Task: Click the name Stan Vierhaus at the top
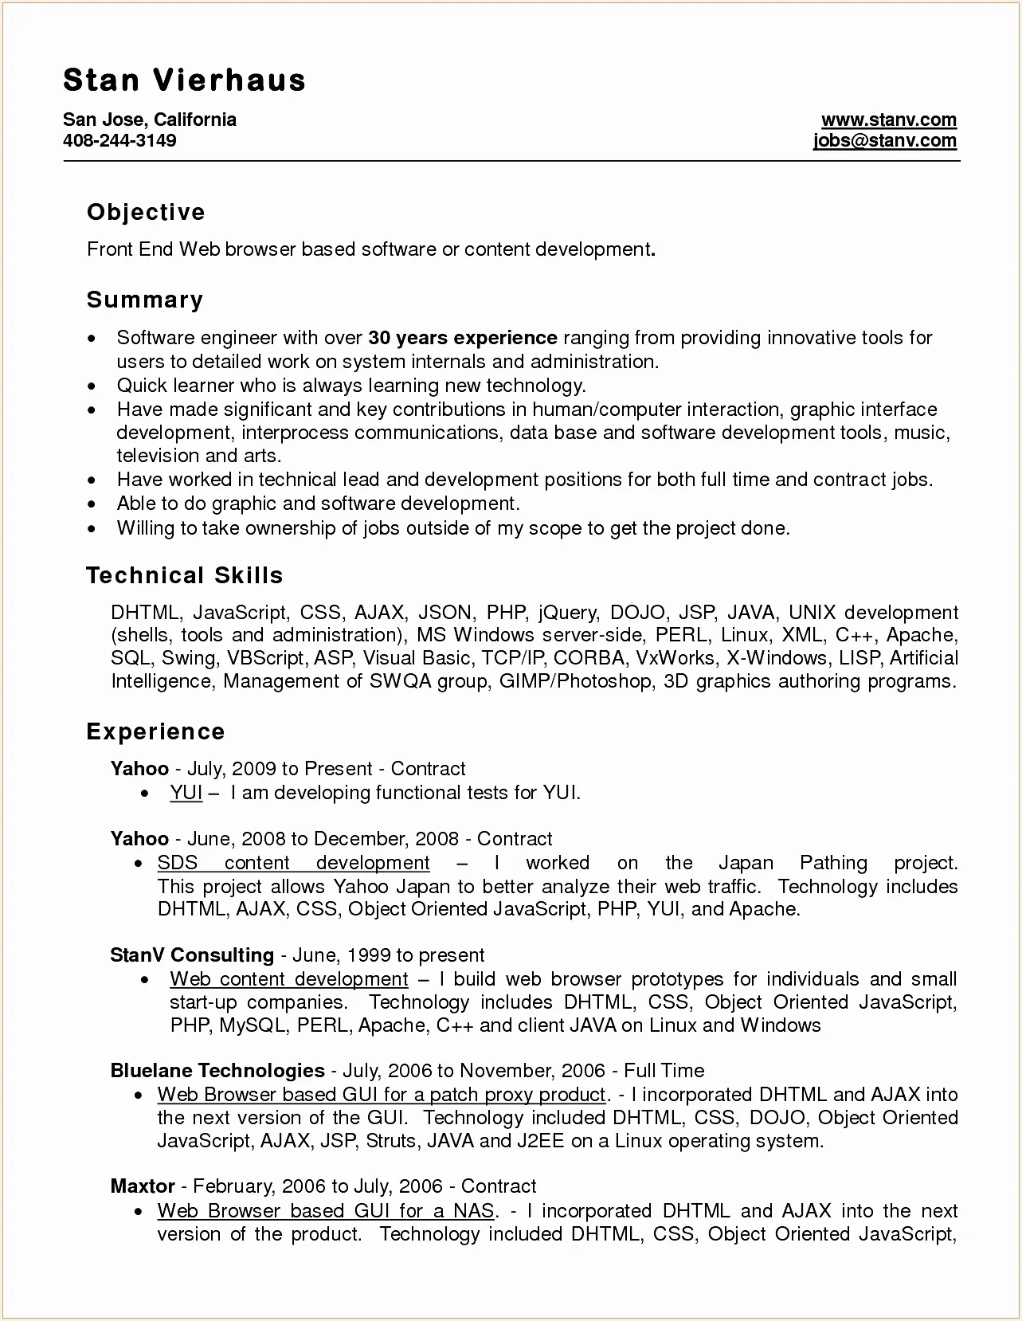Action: [184, 80]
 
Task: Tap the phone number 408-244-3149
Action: [119, 141]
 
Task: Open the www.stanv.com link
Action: [888, 120]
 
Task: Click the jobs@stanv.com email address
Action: [884, 141]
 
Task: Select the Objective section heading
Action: [146, 212]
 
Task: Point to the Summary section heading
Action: [145, 300]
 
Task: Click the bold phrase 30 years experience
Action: [463, 338]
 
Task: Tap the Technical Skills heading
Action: [184, 575]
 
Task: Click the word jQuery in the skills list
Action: [567, 612]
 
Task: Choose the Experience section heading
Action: [155, 731]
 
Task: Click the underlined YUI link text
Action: [186, 793]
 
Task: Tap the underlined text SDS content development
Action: [293, 863]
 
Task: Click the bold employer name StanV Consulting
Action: [192, 954]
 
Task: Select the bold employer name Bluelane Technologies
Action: [217, 1070]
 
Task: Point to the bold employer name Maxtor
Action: [143, 1186]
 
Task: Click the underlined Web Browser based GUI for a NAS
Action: [326, 1211]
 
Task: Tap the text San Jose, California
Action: [150, 120]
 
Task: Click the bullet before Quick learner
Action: [95, 386]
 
